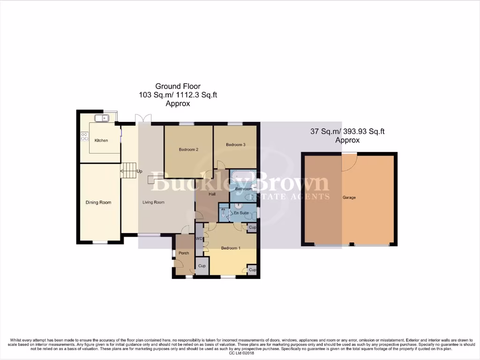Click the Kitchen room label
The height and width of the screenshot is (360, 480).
click(x=101, y=140)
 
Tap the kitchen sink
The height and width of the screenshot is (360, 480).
click(x=101, y=118)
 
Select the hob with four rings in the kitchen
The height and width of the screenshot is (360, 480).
click(x=85, y=136)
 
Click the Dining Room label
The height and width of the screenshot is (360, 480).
click(x=98, y=202)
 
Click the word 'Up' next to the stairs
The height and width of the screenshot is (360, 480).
click(x=139, y=172)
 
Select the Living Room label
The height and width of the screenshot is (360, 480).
click(x=153, y=202)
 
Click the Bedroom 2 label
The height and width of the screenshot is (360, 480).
click(x=188, y=150)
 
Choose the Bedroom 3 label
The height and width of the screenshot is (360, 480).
click(x=235, y=145)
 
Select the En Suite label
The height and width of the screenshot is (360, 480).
click(x=241, y=213)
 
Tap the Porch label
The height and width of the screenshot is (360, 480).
click(x=184, y=253)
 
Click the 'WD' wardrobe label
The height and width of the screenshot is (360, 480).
click(x=199, y=239)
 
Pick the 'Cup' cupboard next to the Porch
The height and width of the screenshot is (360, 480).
click(x=202, y=266)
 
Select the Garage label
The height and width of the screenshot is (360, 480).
click(x=349, y=198)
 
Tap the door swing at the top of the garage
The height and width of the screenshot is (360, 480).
click(x=349, y=162)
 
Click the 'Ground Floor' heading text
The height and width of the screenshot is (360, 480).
click(x=178, y=86)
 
